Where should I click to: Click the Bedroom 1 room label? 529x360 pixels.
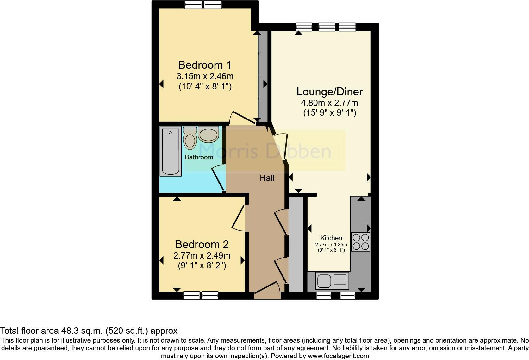205,65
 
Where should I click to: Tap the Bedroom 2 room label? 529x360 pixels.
202,244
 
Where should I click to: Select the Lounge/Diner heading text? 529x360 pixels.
329,92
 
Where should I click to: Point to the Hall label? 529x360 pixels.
267,178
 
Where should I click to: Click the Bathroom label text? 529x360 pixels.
199,157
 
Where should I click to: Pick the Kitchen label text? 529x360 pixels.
331,238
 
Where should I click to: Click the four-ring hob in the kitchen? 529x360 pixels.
361,242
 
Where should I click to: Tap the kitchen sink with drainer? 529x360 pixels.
332,281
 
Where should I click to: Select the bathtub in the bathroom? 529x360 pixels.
171,151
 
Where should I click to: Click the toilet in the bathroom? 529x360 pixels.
190,138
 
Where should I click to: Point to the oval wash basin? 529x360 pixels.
208,134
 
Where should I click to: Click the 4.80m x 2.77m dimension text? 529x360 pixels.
329,103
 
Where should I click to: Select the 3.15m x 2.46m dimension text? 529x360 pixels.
205,76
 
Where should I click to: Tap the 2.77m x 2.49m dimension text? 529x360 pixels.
202,255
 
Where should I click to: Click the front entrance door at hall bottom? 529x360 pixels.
266,290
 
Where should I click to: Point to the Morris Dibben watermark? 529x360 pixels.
265,151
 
